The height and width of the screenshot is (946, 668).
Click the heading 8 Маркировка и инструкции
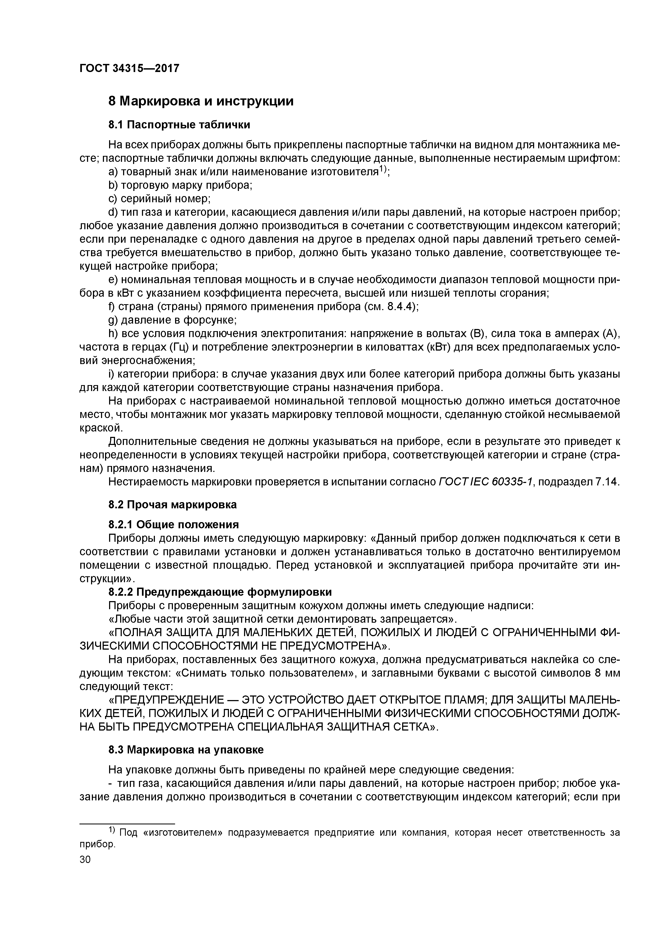201,101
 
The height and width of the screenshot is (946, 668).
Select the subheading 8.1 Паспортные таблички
179,124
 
